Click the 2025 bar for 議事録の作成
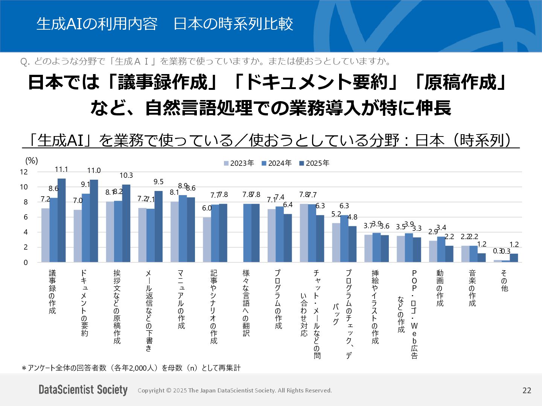(x=61, y=220)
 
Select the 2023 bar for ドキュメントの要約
(x=78, y=236)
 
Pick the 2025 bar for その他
(x=514, y=258)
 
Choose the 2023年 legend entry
(x=239, y=163)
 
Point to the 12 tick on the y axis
(x=24, y=172)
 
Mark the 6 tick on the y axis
(x=26, y=217)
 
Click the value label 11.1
(x=61, y=170)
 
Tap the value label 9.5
(x=158, y=182)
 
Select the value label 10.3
(x=126, y=176)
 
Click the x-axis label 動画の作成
(x=440, y=288)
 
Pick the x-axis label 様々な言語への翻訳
(x=246, y=303)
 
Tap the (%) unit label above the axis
(x=32, y=161)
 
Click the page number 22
(x=527, y=391)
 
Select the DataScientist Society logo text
(x=83, y=390)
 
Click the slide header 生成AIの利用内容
(x=97, y=24)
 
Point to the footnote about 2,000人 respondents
(x=131, y=368)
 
